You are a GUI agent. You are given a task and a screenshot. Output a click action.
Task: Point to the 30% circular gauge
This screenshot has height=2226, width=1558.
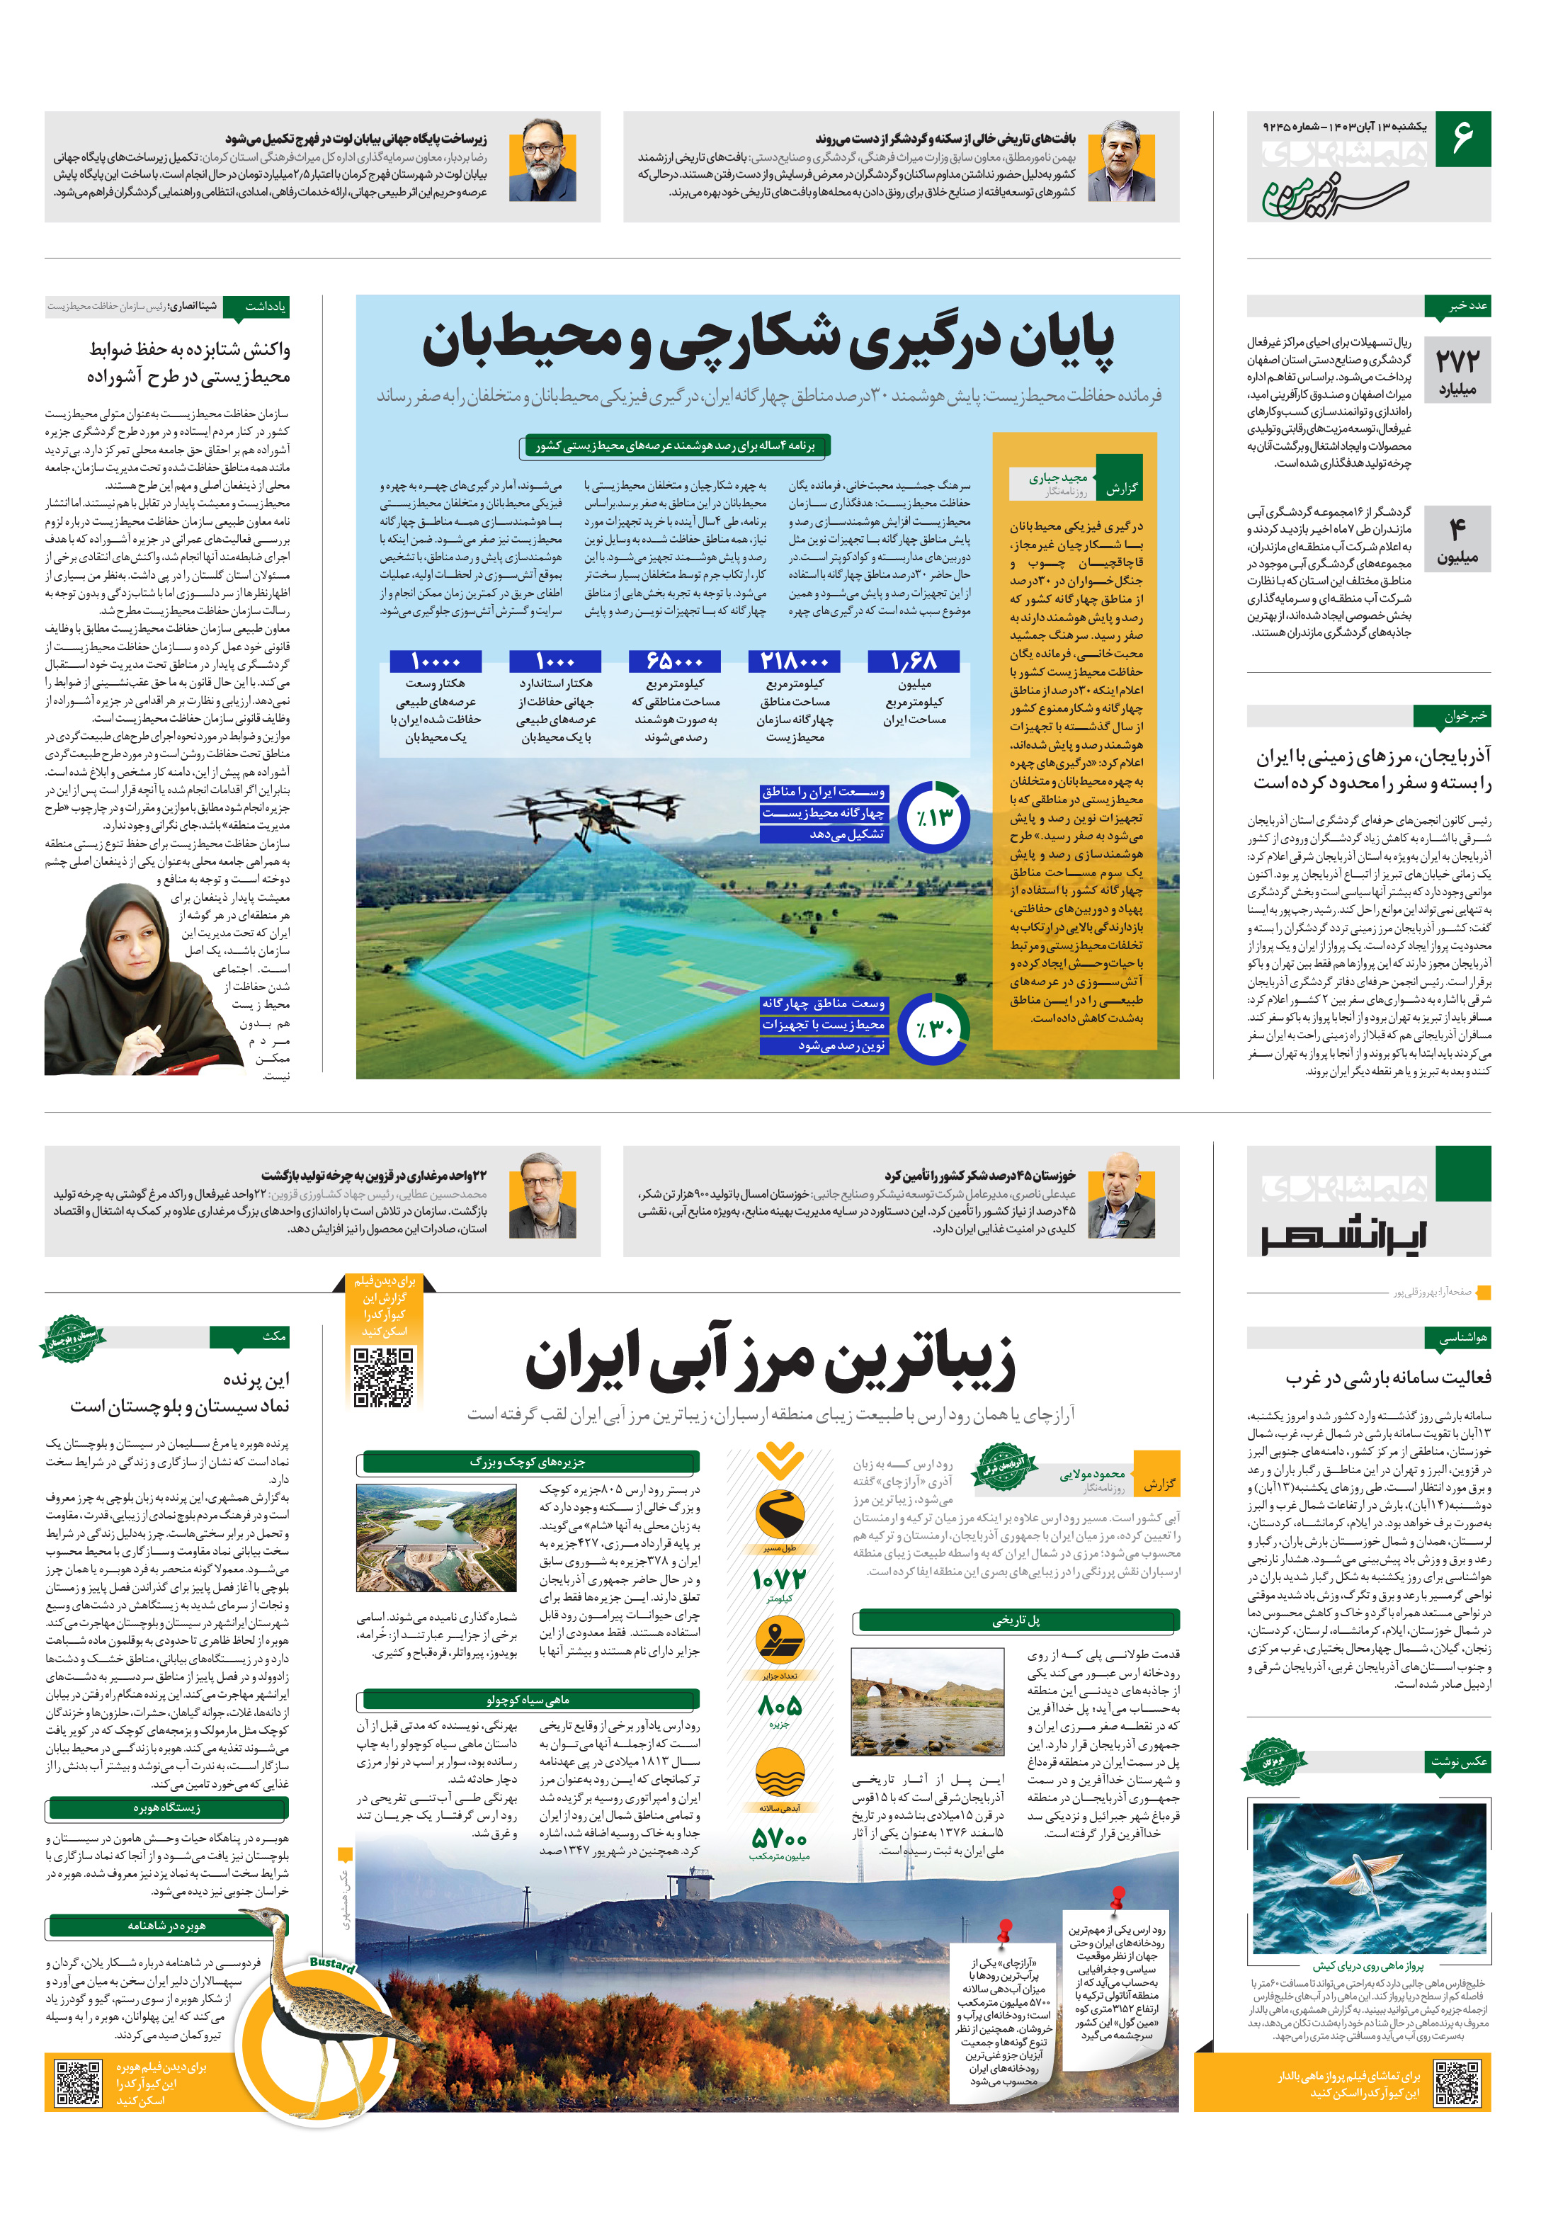tap(933, 1028)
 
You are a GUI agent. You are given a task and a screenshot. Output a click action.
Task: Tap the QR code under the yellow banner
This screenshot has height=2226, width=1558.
tap(384, 1377)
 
